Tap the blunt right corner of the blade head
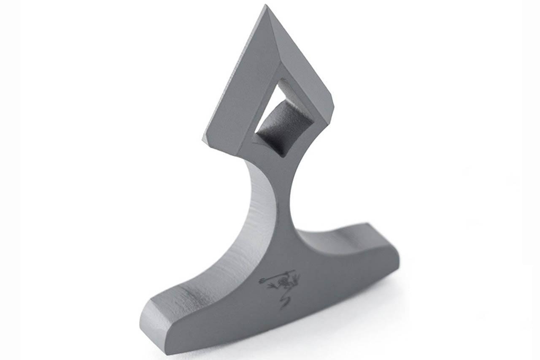click(332, 108)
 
